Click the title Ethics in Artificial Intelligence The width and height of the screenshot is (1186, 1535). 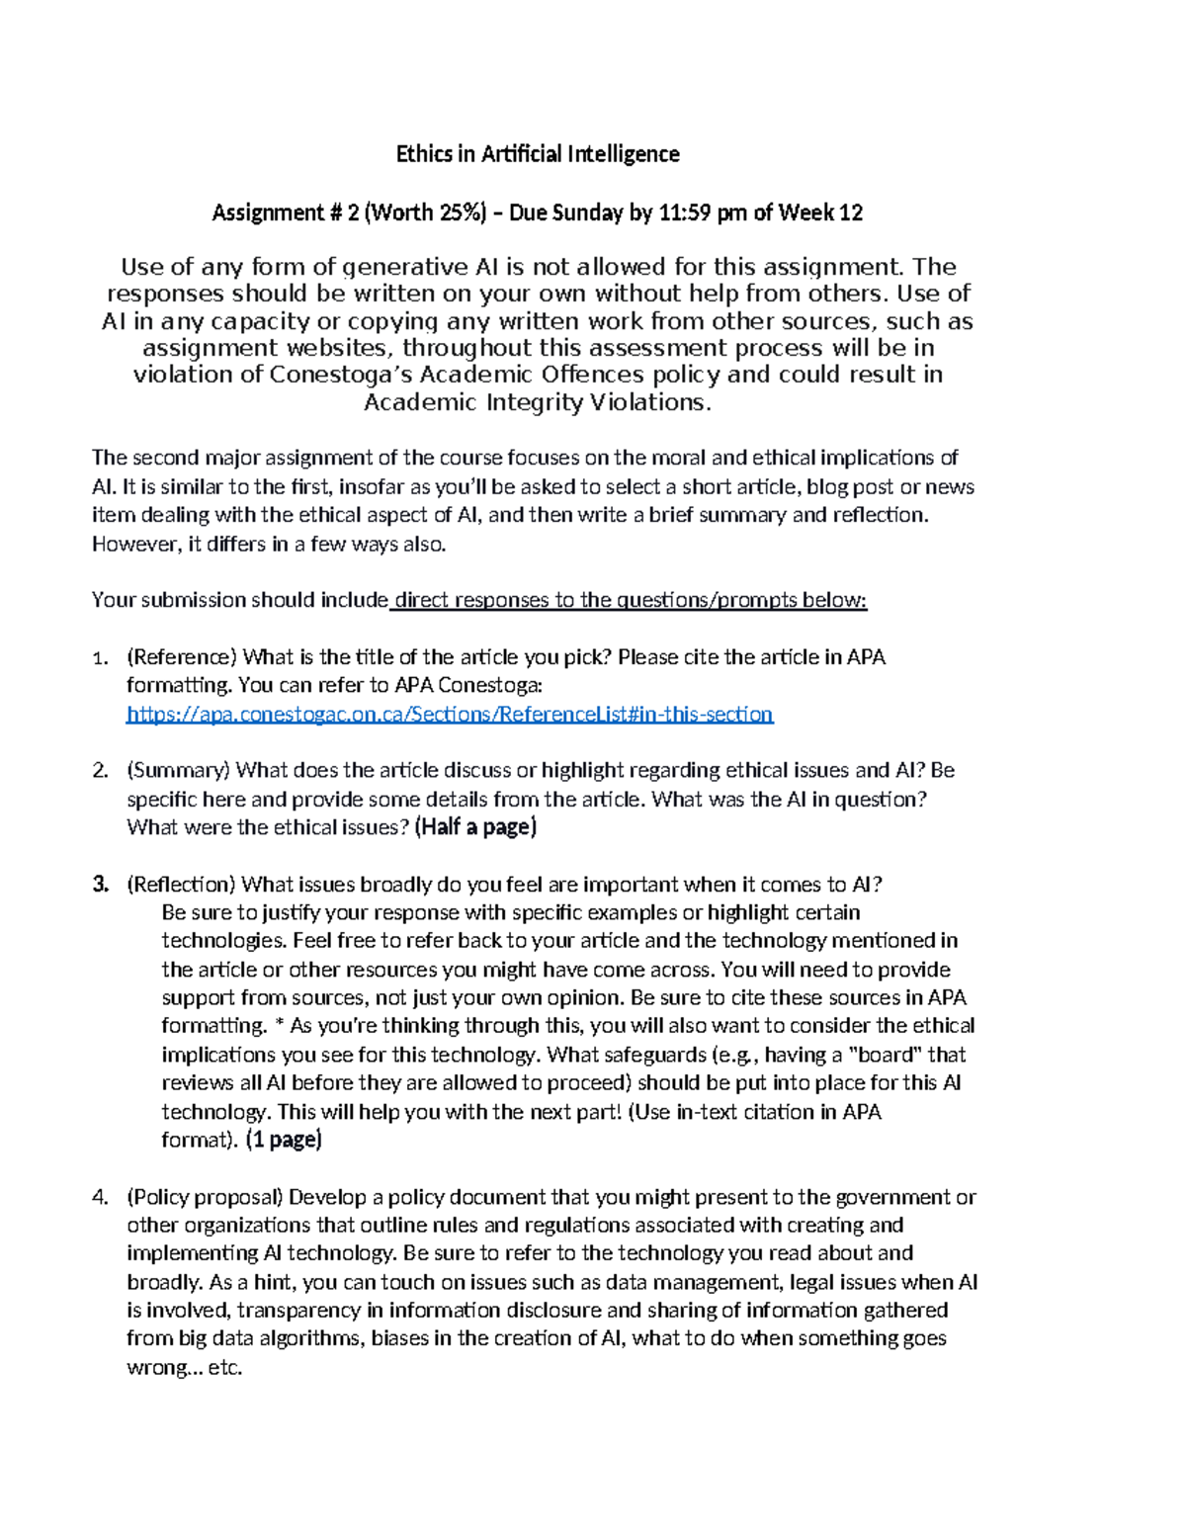coord(538,154)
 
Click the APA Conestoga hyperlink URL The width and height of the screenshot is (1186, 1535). coord(450,714)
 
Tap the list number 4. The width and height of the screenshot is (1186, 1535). coord(99,1197)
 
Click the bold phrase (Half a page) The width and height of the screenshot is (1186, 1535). coord(475,827)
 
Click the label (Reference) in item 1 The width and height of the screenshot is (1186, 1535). coord(182,657)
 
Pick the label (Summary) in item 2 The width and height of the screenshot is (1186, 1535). coord(179,770)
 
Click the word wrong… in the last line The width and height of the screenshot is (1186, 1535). coord(157,1369)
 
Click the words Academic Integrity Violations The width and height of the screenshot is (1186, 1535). coord(537,402)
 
